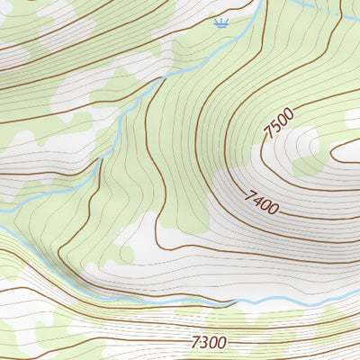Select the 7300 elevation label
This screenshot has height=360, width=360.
[x=208, y=342]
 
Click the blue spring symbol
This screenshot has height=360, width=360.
[x=220, y=22]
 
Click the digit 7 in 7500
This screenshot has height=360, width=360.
[x=268, y=133]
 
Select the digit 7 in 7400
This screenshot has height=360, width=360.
[x=249, y=193]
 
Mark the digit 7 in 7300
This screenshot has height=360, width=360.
[x=194, y=342]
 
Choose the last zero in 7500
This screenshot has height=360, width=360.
[x=290, y=110]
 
